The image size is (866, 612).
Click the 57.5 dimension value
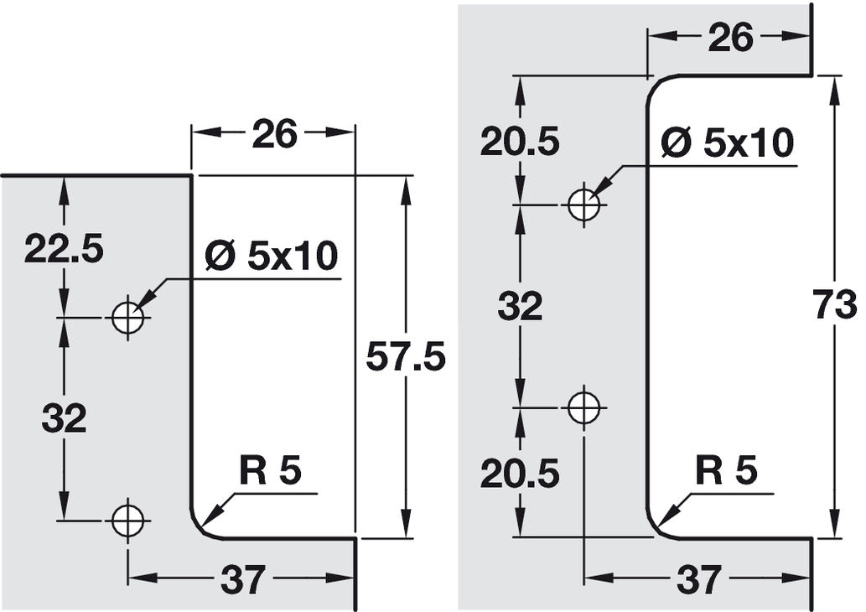coord(406,358)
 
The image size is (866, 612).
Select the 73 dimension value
coord(835,305)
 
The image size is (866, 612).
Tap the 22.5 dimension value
coord(64,249)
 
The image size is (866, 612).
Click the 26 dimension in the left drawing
coord(274,133)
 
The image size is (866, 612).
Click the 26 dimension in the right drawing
coord(731,37)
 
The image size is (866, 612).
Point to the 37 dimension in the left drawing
coord(243,579)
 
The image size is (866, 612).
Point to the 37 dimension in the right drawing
coord(699,579)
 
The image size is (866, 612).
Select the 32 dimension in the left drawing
coord(64,418)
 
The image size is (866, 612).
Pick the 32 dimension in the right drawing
coord(520,306)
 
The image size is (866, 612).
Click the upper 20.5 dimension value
coord(520,141)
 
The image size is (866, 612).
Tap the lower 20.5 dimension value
coord(520,474)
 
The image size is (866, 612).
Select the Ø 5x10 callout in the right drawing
coord(727,143)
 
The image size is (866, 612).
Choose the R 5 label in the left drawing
coord(271,471)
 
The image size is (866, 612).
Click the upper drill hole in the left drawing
coord(127,318)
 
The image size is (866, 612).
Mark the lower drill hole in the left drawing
coord(127,521)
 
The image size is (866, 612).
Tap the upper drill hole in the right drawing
coord(583,205)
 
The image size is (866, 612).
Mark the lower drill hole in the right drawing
coord(583,407)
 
